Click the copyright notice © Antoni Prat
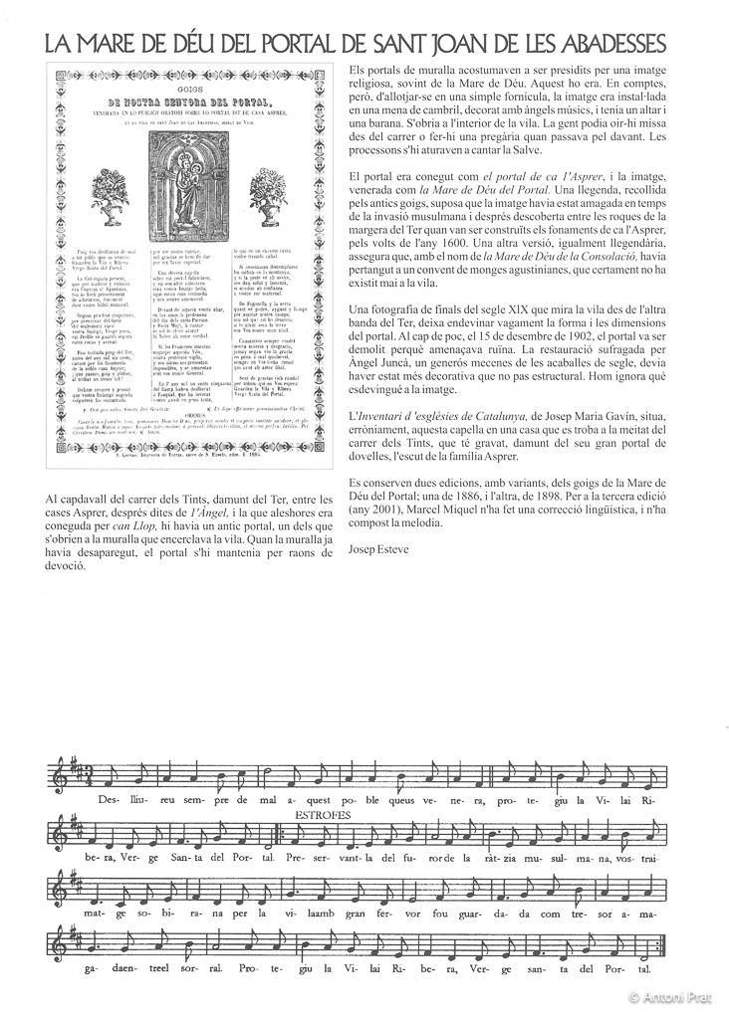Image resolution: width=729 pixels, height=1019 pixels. (x=674, y=996)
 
